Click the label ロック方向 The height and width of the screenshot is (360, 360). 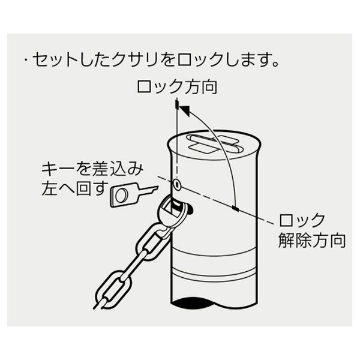tap(177, 87)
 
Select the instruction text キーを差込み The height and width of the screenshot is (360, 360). tap(92, 169)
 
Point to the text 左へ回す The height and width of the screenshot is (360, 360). tap(75, 188)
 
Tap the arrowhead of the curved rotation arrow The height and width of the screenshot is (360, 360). tap(185, 110)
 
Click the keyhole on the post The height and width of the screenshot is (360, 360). tap(177, 184)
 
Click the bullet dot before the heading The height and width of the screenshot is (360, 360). tap(26, 60)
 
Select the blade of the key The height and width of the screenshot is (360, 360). tap(148, 191)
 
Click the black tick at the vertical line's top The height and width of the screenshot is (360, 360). tap(177, 104)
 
